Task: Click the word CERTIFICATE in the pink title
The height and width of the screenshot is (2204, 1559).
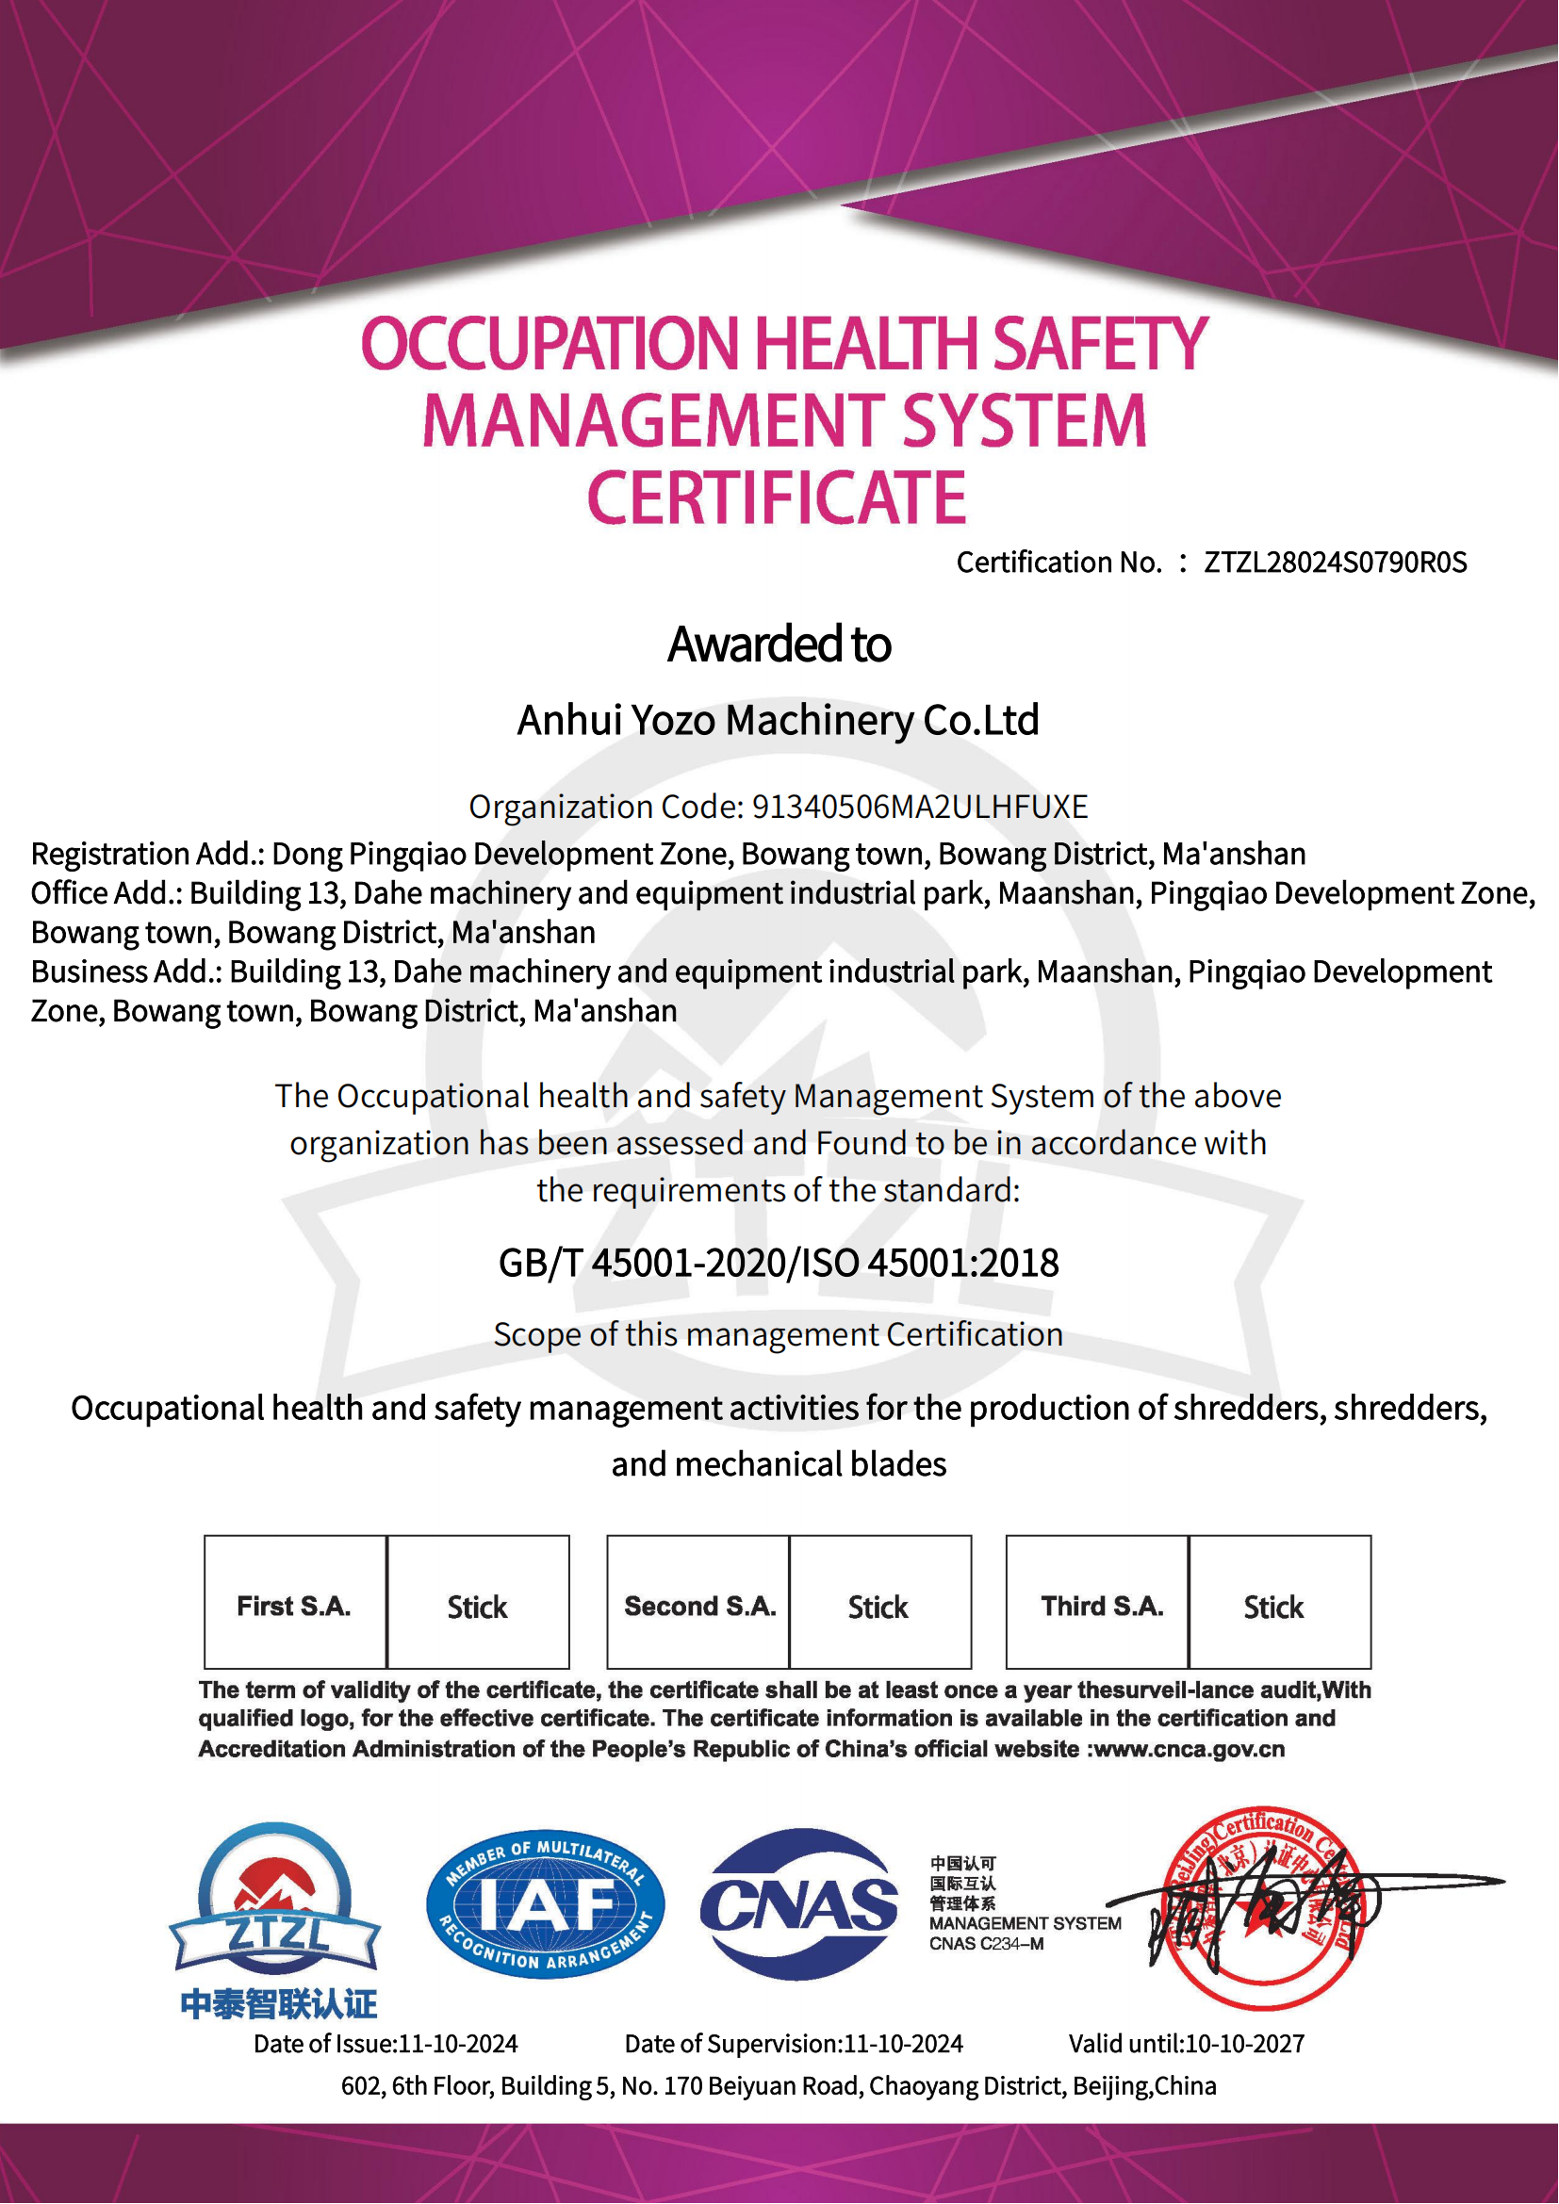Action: coord(777,498)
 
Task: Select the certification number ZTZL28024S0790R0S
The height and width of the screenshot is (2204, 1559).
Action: coord(1336,563)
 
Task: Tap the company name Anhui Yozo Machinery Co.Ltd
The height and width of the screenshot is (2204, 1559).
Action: coord(779,720)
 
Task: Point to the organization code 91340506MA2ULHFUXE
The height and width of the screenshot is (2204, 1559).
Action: coord(920,808)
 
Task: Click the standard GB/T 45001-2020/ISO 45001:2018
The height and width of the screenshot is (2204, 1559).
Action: coord(779,1264)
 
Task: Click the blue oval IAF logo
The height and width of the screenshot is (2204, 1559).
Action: coord(545,1906)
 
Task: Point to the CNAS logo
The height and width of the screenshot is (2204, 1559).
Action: coord(799,1906)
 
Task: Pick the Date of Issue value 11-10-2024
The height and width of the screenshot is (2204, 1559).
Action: coord(458,2044)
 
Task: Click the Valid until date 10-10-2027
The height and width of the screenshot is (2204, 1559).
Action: coord(1245,2044)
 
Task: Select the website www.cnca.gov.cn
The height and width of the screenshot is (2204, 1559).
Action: coord(1190,1749)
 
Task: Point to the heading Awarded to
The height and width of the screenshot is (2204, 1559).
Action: coord(779,645)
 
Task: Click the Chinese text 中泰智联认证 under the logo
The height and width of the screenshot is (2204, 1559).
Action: coord(278,2003)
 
